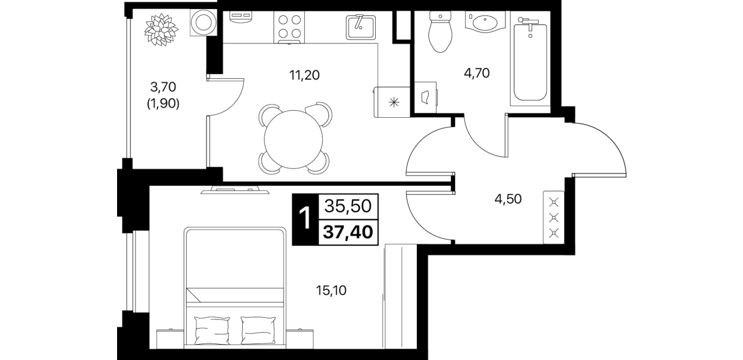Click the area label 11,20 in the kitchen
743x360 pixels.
304,75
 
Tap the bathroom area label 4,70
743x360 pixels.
477,73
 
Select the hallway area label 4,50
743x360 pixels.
508,199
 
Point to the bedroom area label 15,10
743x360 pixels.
331,291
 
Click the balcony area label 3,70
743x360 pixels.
163,87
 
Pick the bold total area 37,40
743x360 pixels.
348,231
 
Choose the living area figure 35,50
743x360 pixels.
348,206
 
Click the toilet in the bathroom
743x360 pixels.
440,31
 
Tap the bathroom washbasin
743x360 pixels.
485,22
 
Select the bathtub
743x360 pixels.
530,59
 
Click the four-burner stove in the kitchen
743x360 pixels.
289,27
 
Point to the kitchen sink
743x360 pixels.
361,27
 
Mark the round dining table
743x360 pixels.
294,139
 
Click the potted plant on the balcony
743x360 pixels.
161,30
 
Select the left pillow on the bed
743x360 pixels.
212,330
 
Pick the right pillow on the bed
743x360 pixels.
258,330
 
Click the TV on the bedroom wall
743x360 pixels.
235,190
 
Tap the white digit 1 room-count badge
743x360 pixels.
305,219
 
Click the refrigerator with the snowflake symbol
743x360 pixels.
392,102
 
